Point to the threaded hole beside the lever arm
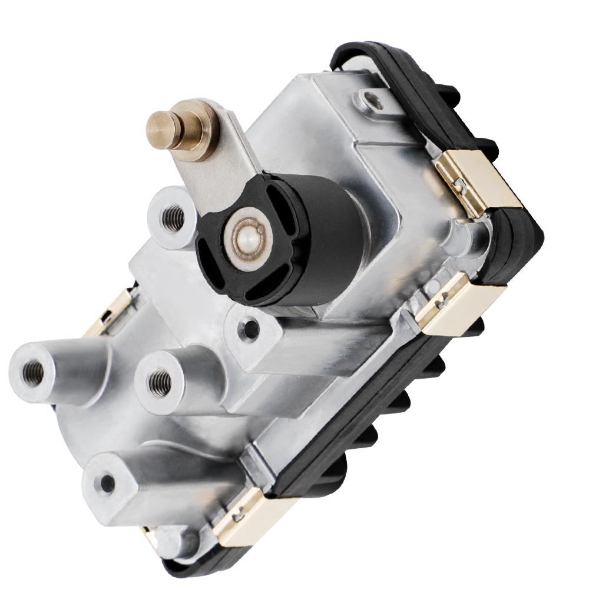pos(173,219)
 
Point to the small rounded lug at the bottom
pos(177,539)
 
